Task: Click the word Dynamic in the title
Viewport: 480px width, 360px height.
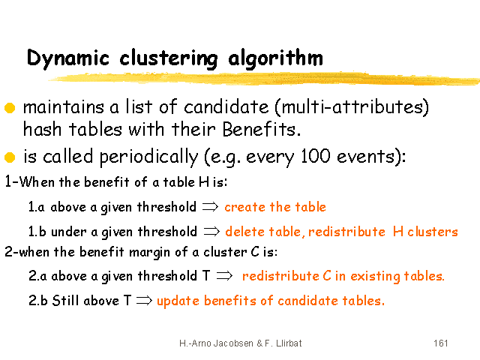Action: click(68, 58)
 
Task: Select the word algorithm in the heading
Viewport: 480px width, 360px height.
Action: click(275, 58)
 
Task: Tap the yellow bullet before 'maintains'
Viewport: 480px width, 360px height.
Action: click(10, 108)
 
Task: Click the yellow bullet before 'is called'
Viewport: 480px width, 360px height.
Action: click(10, 157)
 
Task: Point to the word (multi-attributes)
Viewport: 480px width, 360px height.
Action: click(352, 107)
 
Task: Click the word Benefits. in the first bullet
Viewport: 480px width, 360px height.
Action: click(262, 129)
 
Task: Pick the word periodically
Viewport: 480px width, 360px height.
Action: click(148, 157)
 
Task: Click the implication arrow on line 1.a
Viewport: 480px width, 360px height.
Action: click(210, 207)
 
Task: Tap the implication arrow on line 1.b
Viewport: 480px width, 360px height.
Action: click(211, 232)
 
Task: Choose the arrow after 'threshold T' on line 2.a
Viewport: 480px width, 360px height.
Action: click(224, 276)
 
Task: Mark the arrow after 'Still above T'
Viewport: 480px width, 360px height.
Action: click(144, 300)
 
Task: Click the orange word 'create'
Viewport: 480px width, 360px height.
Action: click(245, 207)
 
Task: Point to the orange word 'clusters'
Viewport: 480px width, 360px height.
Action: click(433, 232)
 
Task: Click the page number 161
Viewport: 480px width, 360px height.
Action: click(441, 343)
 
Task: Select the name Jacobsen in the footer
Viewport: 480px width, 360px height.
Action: click(233, 343)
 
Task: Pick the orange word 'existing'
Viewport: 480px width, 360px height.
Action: click(375, 277)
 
